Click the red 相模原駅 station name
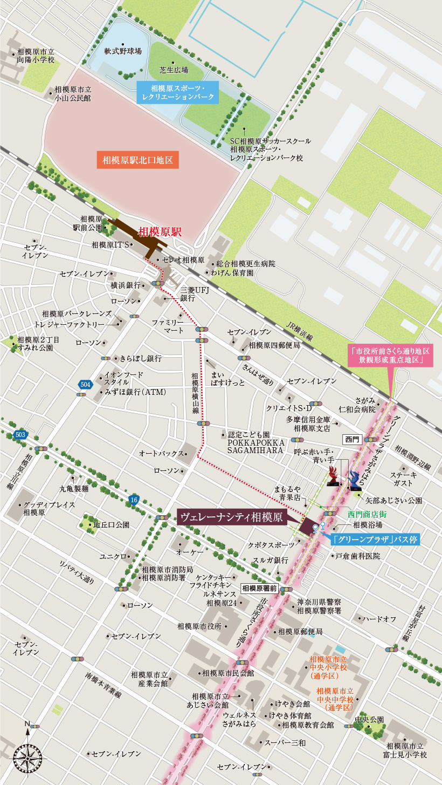160,233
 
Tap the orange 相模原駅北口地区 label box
137,160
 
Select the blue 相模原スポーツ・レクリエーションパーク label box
177,93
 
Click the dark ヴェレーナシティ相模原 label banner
232,517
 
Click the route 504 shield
85,385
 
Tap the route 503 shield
20,435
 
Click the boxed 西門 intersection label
352,440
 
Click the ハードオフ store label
379,618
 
